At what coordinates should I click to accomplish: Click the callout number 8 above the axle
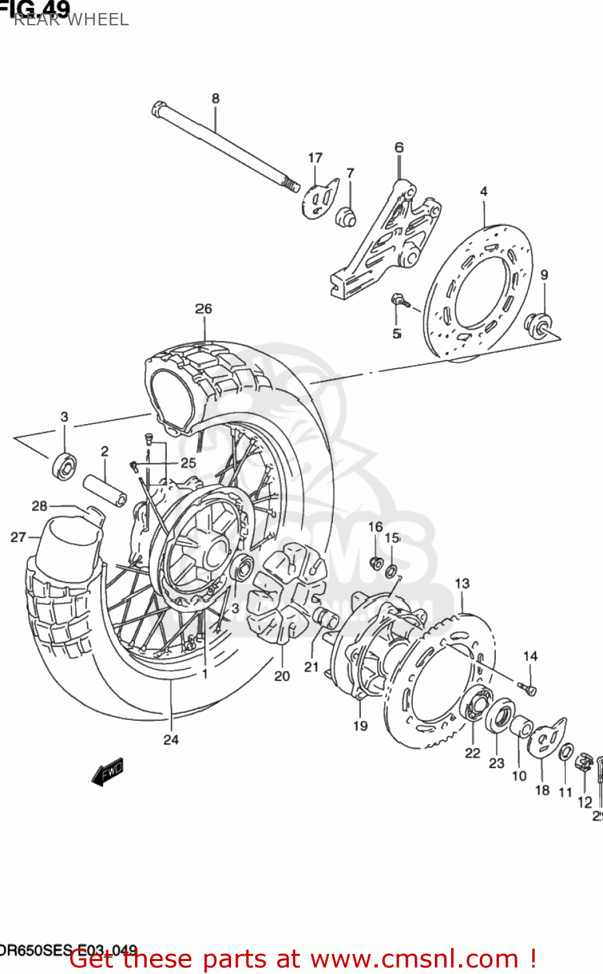pyautogui.click(x=215, y=99)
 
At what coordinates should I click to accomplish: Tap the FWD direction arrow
pyautogui.click(x=108, y=772)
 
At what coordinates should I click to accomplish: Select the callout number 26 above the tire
pyautogui.click(x=203, y=309)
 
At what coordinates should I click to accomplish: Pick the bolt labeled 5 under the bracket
pyautogui.click(x=399, y=301)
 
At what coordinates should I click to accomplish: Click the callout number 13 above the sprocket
pyautogui.click(x=461, y=584)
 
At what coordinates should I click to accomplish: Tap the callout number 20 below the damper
pyautogui.click(x=282, y=676)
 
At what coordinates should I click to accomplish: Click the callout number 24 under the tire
pyautogui.click(x=171, y=740)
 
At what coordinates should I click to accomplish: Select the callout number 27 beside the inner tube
pyautogui.click(x=18, y=537)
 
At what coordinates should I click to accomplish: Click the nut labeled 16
pyautogui.click(x=376, y=563)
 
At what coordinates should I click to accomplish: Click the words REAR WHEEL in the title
pyautogui.click(x=71, y=20)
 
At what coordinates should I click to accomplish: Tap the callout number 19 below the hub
pyautogui.click(x=360, y=726)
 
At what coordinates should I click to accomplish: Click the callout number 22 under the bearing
pyautogui.click(x=472, y=753)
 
